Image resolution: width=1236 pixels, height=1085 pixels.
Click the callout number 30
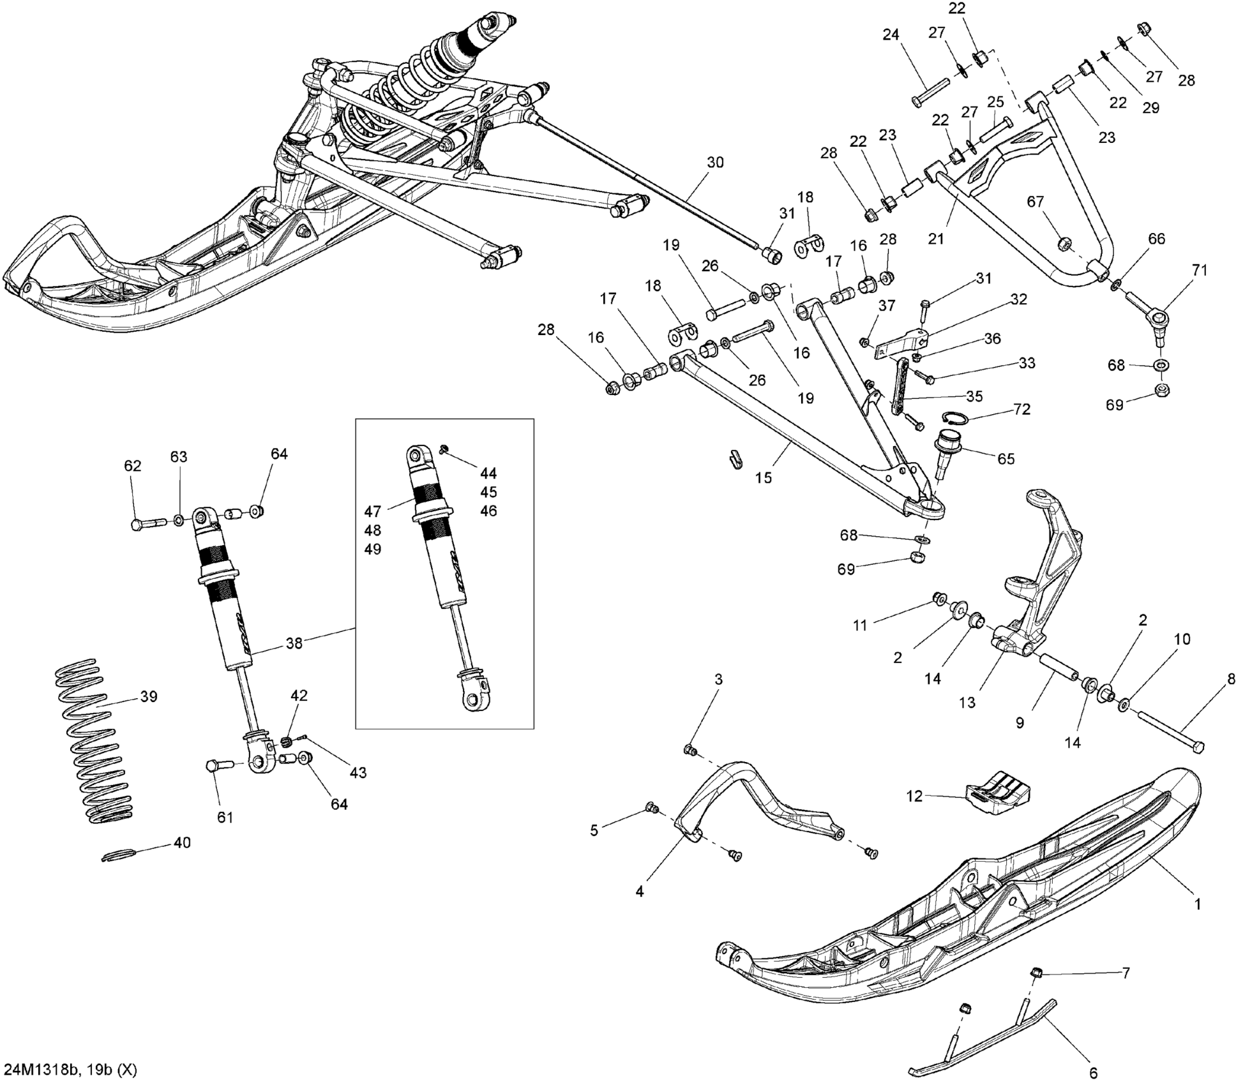[x=716, y=162]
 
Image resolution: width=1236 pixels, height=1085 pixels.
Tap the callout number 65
[x=1006, y=459]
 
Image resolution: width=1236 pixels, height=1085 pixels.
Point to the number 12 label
[x=914, y=797]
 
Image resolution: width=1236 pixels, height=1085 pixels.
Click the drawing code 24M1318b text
[x=41, y=1070]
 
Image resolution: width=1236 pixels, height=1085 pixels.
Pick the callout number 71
[x=1200, y=270]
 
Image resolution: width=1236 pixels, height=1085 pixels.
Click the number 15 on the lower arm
[x=764, y=477]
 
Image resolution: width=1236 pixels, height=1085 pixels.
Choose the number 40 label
[x=182, y=842]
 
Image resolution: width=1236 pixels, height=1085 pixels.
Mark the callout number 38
[x=294, y=643]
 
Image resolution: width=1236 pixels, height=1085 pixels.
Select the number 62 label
[x=132, y=466]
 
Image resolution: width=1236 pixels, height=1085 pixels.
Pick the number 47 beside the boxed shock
[x=372, y=511]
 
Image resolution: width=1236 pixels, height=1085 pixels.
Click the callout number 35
[x=974, y=396]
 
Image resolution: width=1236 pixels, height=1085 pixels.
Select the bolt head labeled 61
[x=214, y=765]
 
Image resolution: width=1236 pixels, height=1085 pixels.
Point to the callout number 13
[x=968, y=702]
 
